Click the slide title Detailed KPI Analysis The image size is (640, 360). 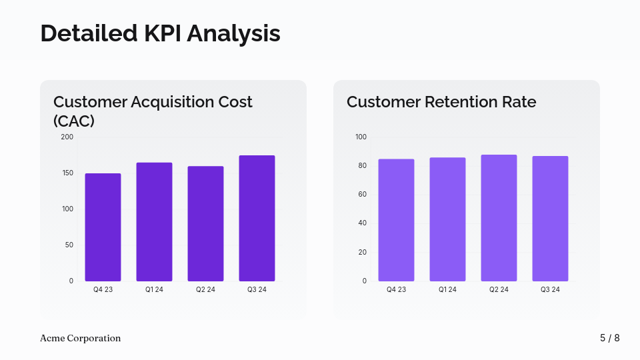[160, 33]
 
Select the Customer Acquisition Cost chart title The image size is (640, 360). [153, 111]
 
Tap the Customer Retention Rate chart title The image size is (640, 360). [441, 102]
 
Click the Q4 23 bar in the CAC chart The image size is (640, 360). [103, 227]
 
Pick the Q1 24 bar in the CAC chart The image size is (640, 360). [154, 222]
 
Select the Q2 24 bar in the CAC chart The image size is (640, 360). [205, 224]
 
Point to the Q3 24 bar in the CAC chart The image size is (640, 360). [257, 219]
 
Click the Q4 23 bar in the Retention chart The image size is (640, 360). [396, 220]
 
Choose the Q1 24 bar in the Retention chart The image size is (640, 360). [447, 219]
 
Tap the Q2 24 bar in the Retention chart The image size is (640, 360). [499, 218]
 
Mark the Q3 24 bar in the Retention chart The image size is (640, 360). [550, 219]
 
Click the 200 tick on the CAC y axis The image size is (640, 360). [67, 137]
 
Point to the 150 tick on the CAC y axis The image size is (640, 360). [67, 173]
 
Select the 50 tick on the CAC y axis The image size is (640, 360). [68, 245]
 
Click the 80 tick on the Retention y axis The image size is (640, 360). [362, 166]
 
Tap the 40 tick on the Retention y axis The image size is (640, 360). [362, 223]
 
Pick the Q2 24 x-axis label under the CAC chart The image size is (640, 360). [205, 290]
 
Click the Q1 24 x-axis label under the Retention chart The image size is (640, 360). [447, 290]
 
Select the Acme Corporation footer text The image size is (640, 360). [81, 338]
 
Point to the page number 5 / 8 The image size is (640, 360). [609, 338]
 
